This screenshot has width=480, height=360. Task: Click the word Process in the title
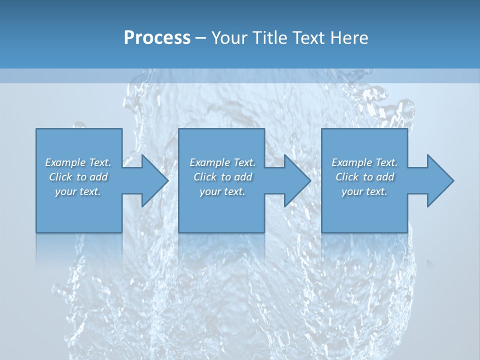point(157,38)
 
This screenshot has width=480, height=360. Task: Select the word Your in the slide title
point(228,38)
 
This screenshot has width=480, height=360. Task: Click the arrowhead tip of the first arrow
point(167,180)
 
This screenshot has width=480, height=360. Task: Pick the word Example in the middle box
point(208,162)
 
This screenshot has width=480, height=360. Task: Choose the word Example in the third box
point(350,162)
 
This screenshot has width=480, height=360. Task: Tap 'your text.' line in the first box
point(78,191)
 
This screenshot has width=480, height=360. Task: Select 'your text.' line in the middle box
point(222,191)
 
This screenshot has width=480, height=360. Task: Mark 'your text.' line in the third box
point(364,191)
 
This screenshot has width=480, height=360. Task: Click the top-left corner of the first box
point(36,129)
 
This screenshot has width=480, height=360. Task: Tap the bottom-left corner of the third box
point(322,232)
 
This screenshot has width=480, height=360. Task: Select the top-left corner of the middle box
point(179,129)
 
